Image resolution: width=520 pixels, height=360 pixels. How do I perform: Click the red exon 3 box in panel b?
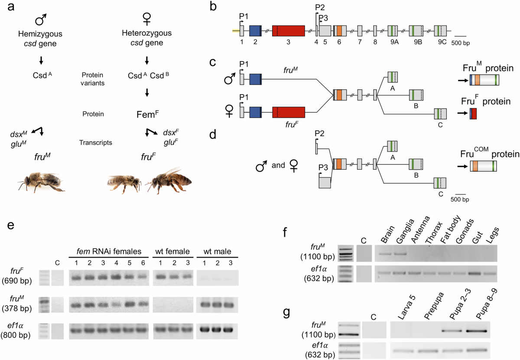(288, 31)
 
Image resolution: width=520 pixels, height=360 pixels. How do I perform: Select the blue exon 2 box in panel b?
(255, 31)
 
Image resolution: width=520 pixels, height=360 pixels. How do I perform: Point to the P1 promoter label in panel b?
(244, 16)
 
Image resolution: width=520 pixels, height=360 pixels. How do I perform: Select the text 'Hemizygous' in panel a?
(41, 33)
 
